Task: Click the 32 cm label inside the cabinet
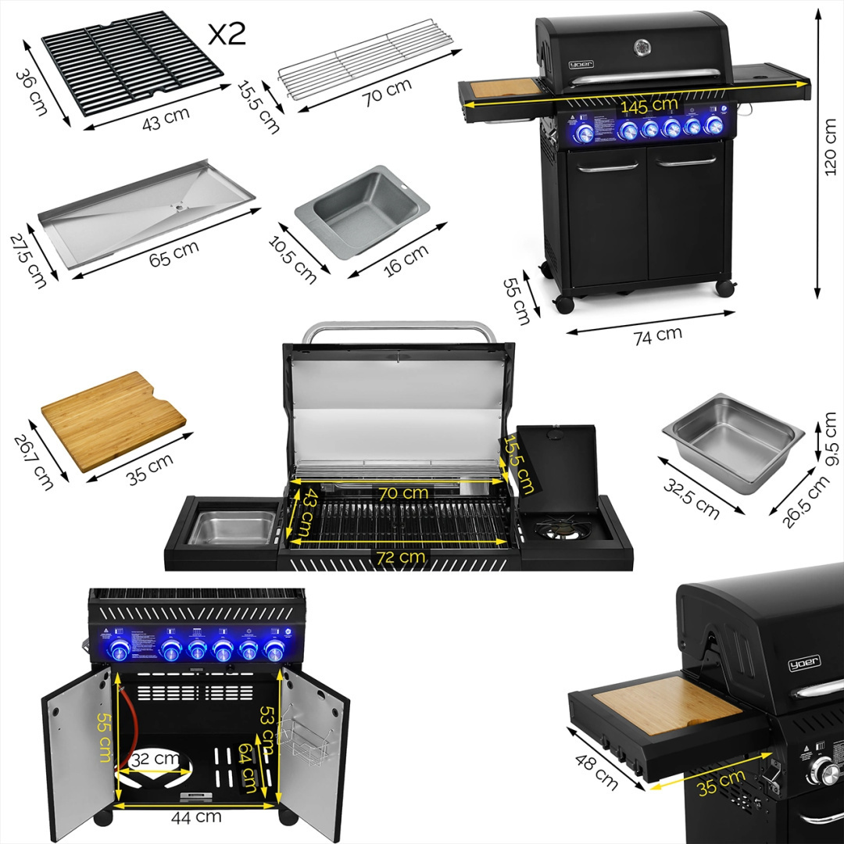152,757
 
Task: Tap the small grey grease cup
362,209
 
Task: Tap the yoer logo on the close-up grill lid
803,663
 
